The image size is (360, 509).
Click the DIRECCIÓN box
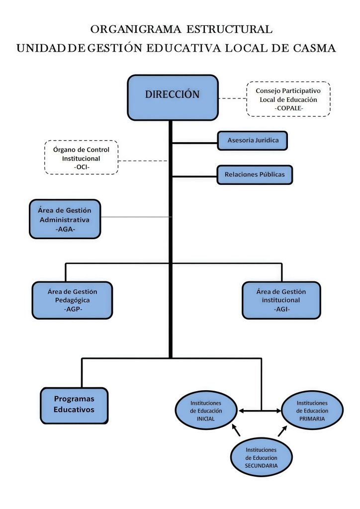173,97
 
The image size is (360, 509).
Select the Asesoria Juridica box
253,141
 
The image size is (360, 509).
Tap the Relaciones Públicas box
255,174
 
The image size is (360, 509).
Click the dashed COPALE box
288,99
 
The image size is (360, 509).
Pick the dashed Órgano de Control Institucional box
81,157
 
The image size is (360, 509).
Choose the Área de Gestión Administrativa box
65,219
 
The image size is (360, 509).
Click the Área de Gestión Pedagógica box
72,300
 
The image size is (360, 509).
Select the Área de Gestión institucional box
281,300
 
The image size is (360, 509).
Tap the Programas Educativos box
74,406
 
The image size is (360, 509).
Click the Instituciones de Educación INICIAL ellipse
206,411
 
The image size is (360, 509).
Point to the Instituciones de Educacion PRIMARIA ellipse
312,411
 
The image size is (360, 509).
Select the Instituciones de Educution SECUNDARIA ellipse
261,457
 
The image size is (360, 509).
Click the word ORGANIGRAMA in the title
136,29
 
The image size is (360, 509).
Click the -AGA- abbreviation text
65,230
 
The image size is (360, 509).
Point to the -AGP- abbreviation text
72,309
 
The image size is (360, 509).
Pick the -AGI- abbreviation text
281,309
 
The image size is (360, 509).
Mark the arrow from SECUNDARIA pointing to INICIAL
236,429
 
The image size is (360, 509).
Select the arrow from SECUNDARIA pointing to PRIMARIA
282,430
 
